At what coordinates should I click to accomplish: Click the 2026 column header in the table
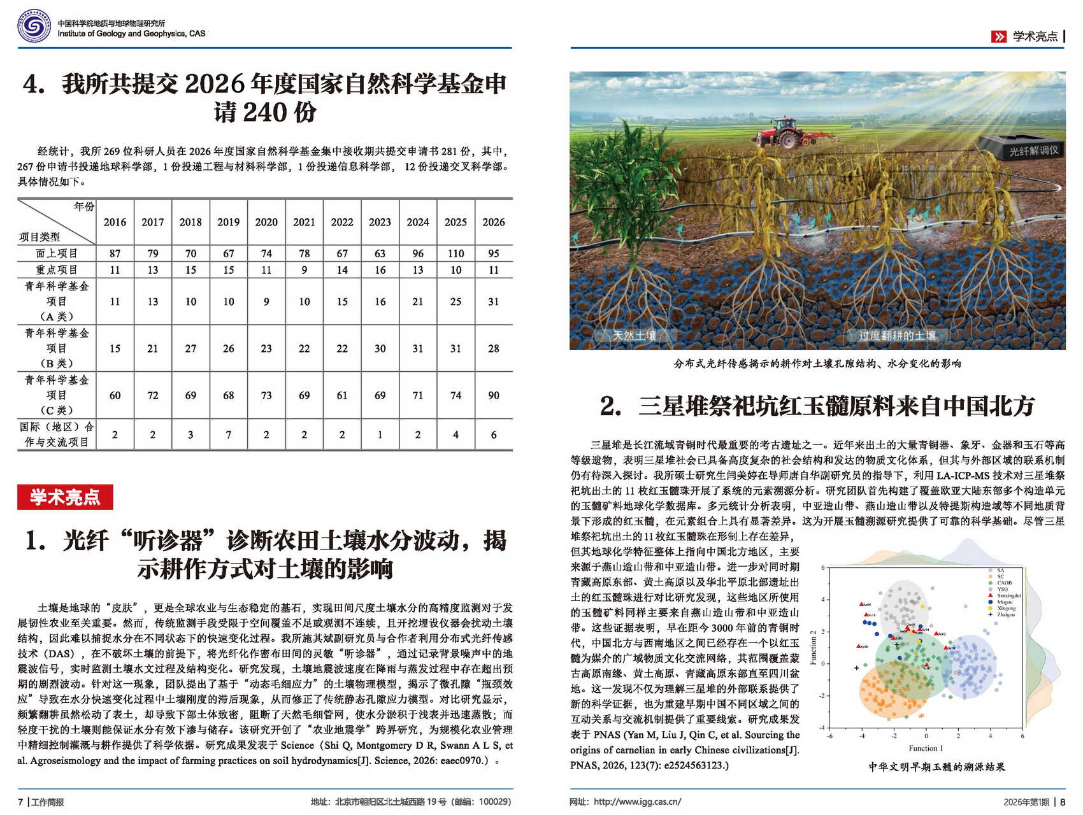[494, 222]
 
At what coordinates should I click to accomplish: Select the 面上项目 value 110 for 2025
[455, 253]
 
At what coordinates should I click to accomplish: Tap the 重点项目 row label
[57, 270]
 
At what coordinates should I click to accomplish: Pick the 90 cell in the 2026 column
[494, 395]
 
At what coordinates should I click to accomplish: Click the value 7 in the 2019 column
[228, 435]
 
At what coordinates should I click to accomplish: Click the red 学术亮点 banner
[65, 497]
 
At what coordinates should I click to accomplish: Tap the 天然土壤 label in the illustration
[634, 336]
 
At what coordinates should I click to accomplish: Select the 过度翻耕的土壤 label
[897, 336]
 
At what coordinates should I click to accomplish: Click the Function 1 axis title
[926, 748]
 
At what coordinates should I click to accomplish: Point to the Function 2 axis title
[814, 648]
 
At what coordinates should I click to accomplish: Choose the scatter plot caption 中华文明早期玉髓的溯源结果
[936, 767]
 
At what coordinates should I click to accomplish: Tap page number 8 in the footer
[1063, 802]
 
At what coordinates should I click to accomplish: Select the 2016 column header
[115, 222]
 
